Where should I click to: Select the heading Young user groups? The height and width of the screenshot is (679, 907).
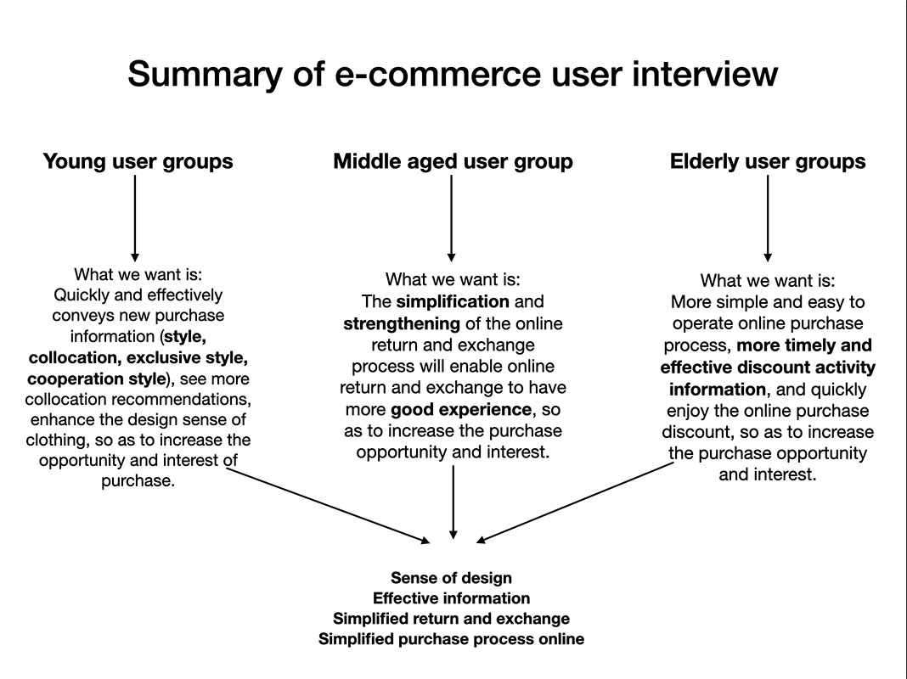click(138, 161)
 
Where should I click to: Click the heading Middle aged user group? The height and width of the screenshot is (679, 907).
click(453, 161)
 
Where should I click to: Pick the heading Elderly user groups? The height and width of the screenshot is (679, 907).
click(768, 161)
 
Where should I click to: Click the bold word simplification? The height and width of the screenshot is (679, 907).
click(453, 302)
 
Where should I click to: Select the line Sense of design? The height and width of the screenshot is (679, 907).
click(451, 579)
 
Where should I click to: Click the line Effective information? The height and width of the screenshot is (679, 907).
click(451, 599)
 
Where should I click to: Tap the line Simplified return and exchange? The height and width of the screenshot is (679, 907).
click(451, 619)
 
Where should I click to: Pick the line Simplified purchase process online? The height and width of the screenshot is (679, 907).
click(451, 639)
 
